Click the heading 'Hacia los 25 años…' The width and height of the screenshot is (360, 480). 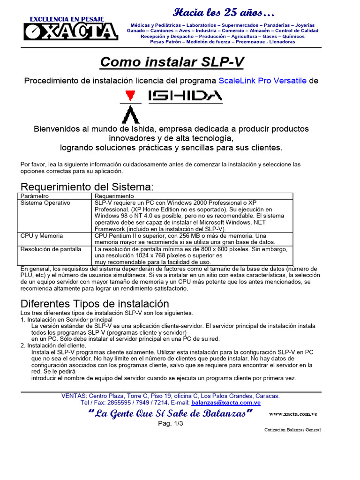(x=224, y=12)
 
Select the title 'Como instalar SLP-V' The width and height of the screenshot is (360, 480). (x=172, y=62)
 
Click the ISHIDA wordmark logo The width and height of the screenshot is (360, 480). (x=185, y=97)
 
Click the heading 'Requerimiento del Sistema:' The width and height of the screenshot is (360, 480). (x=87, y=187)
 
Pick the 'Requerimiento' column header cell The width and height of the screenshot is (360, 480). (x=114, y=196)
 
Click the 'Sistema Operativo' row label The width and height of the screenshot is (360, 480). (x=45, y=203)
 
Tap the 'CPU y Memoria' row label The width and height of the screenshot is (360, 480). (x=42, y=236)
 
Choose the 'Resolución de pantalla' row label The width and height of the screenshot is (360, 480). (x=51, y=249)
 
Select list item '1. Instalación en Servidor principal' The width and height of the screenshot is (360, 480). (x=67, y=319)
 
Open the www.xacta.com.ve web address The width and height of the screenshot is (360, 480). (x=294, y=414)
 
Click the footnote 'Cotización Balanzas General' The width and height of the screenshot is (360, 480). (x=292, y=430)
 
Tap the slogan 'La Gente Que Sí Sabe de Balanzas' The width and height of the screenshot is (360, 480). (x=171, y=413)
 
